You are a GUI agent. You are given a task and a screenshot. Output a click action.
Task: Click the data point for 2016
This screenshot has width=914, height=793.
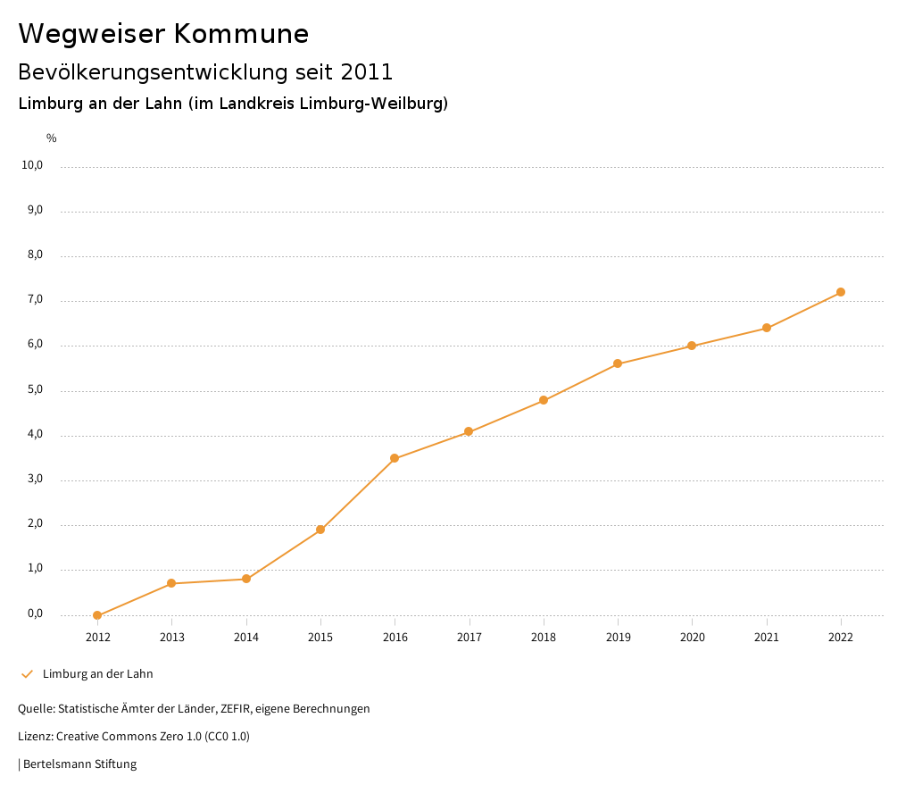click(395, 458)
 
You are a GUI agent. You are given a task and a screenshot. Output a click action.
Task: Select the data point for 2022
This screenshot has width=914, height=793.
click(841, 292)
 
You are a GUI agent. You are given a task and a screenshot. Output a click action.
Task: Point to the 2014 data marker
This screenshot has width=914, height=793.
click(246, 579)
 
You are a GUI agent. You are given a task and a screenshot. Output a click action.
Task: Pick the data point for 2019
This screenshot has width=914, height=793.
click(618, 363)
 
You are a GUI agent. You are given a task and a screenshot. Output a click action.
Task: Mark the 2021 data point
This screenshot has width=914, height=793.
click(767, 328)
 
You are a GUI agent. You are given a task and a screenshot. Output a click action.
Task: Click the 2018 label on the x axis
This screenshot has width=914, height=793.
click(544, 637)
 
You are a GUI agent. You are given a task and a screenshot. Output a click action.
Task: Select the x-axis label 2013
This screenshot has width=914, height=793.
click(172, 637)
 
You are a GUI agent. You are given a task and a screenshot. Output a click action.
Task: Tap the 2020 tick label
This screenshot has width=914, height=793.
click(692, 637)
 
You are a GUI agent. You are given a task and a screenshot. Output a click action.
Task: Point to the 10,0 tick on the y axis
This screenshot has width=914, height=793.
click(33, 165)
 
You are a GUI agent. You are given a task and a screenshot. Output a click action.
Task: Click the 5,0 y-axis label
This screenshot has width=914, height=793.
click(36, 390)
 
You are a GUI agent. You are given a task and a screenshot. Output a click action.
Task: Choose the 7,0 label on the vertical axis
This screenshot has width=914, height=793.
click(36, 300)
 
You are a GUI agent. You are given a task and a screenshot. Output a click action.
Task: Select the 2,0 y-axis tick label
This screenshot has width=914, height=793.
click(36, 524)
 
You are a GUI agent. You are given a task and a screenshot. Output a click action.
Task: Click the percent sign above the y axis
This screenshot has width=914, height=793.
click(52, 138)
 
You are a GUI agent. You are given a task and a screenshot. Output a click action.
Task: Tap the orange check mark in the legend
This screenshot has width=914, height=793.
click(27, 674)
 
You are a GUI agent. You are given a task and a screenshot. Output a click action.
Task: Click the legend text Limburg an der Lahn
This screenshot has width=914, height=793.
click(97, 674)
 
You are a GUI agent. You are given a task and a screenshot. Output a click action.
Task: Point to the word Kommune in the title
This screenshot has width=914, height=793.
click(241, 34)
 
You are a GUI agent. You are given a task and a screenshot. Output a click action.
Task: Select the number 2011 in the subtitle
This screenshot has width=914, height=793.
click(367, 72)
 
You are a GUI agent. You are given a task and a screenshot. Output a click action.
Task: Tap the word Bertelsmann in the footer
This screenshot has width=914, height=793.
click(56, 764)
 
